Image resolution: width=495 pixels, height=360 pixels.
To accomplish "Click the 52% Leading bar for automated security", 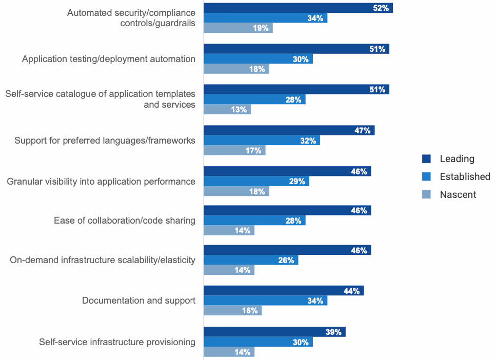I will (298, 8).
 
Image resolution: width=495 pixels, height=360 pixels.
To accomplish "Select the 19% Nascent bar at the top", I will (238, 28).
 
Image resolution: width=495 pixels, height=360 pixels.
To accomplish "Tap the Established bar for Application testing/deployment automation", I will (258, 59).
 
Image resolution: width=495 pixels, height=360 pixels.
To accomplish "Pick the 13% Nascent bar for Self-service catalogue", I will (227, 109).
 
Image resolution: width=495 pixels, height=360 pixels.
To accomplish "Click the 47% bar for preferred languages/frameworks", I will (289, 130).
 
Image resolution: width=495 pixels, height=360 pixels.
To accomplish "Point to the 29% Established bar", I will (256, 181).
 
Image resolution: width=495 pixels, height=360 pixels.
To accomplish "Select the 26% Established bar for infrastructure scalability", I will (251, 261).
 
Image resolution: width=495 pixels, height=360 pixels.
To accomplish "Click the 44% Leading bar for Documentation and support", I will (284, 291).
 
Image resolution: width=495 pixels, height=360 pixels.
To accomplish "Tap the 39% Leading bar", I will (274, 332).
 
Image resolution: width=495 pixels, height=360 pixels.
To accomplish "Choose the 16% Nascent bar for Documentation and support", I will (232, 311).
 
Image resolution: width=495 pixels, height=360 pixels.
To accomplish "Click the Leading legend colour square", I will (426, 158).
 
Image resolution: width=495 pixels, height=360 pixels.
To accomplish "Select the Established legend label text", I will (465, 176).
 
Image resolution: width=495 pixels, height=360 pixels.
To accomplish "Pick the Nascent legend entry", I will (458, 194).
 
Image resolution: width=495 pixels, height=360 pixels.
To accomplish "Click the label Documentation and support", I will (138, 301).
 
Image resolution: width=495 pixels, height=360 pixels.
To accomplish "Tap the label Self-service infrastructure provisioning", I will (117, 342).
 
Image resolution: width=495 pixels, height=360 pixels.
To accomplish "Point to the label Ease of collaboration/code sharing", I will (124, 221).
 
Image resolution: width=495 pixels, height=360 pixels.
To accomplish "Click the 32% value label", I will (308, 141).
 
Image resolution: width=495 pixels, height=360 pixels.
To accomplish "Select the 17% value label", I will (253, 151).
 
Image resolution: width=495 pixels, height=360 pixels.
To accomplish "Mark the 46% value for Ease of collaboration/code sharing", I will (359, 211).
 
